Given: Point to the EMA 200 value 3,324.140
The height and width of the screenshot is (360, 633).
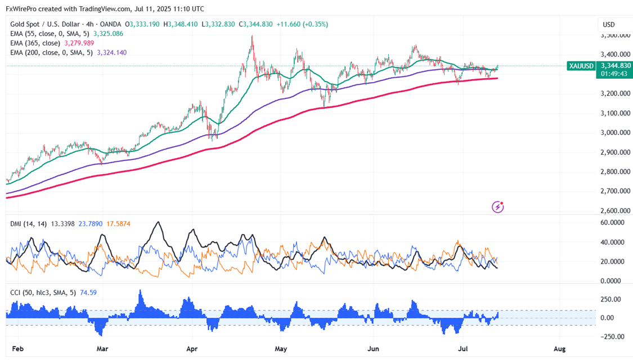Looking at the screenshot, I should pos(111,52).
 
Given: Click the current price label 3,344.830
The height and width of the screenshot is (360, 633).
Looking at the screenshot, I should pos(613,66).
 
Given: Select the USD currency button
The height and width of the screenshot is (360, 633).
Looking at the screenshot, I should pos(609,25).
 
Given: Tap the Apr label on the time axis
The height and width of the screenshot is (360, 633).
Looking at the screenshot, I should pos(192,349).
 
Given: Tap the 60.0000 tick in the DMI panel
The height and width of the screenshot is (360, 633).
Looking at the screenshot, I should pos(614,222).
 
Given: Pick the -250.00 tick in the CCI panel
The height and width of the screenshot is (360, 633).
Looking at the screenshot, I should pos(612,336).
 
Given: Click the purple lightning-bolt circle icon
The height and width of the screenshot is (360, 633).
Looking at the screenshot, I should pos(497,207).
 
